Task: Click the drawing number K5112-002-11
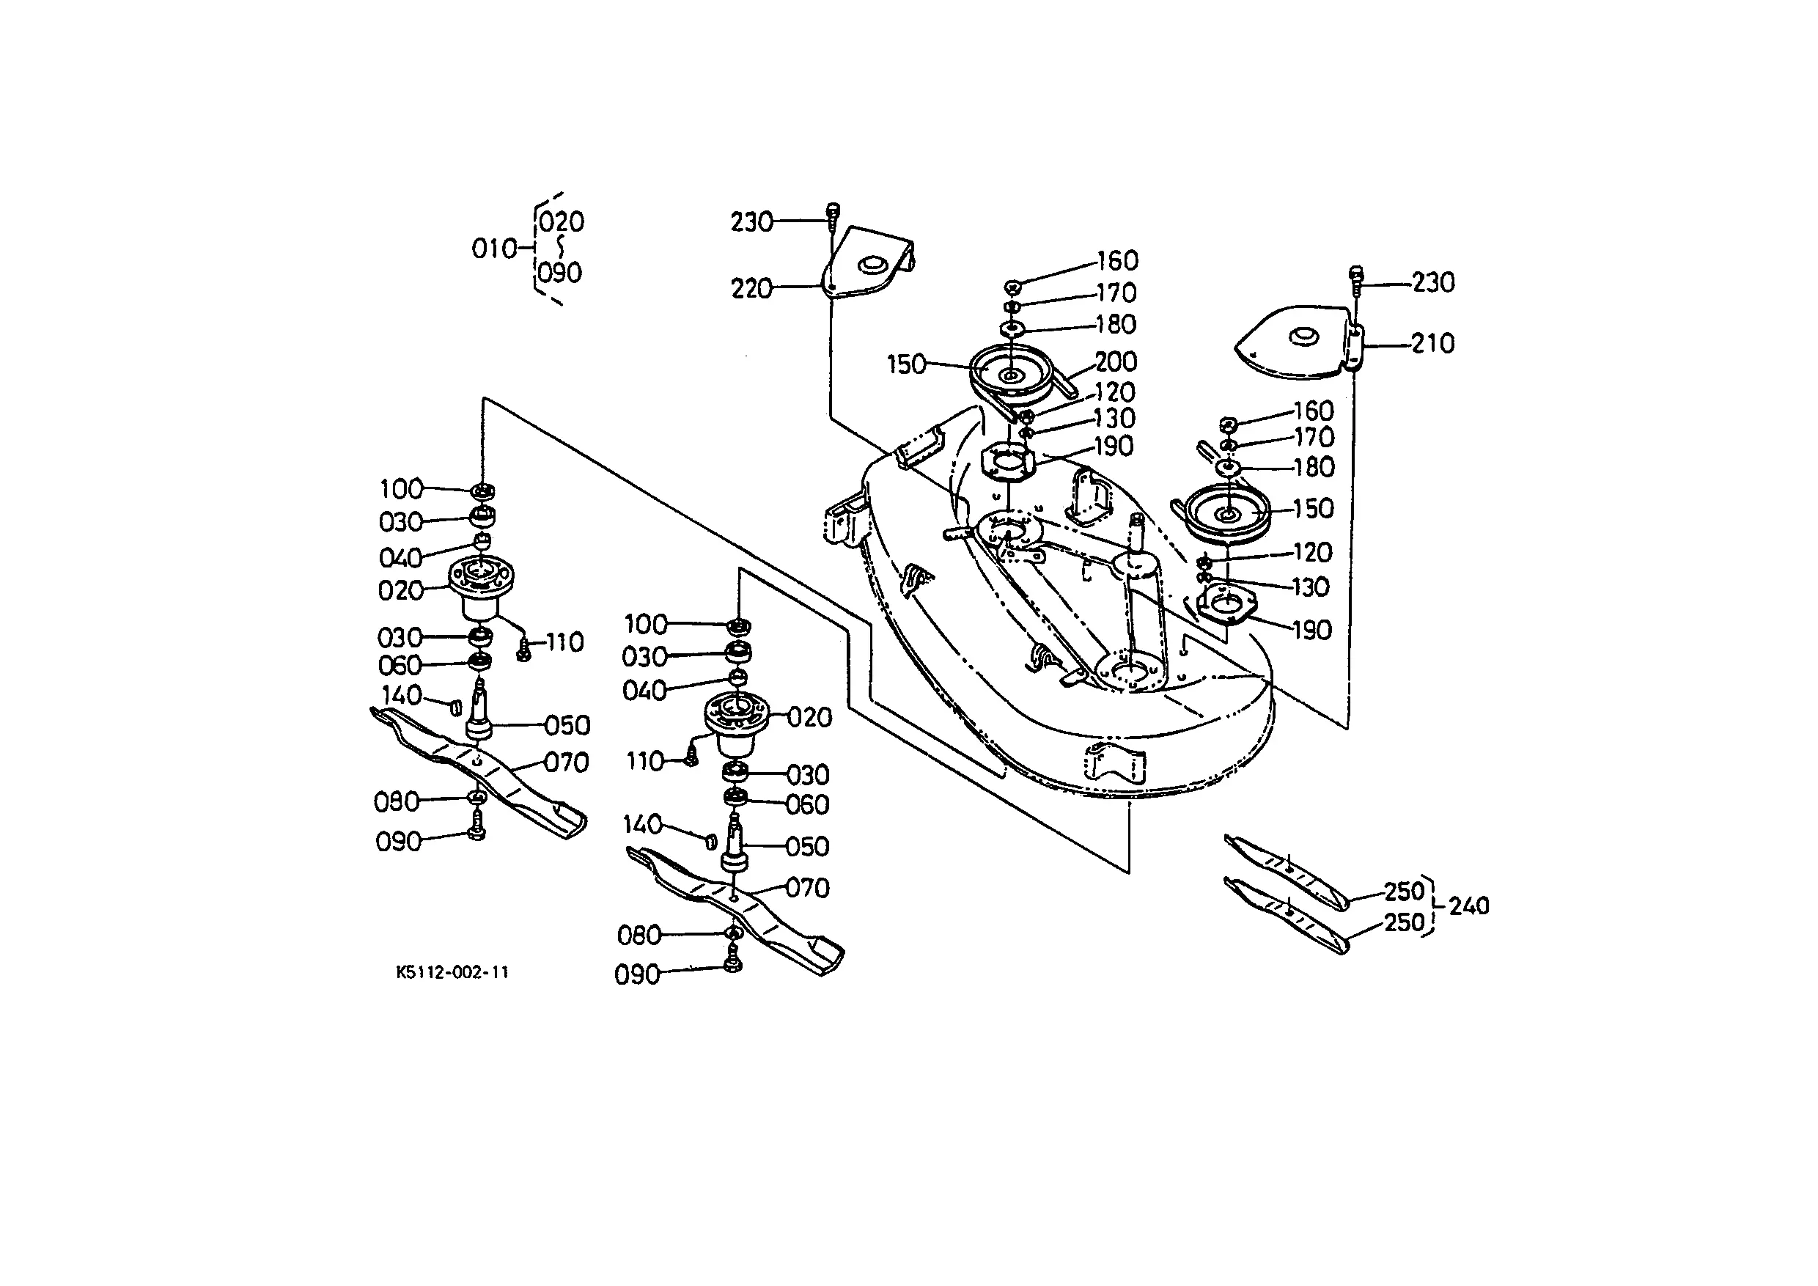pyautogui.click(x=452, y=971)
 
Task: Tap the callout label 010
pyautogui.click(x=494, y=249)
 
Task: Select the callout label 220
pyautogui.click(x=751, y=288)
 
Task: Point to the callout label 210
pyautogui.click(x=1433, y=344)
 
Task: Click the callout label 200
pyautogui.click(x=1116, y=362)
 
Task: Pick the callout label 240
pyautogui.click(x=1469, y=906)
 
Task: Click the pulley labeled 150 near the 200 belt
pyautogui.click(x=1011, y=374)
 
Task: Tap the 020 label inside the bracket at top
pyautogui.click(x=562, y=221)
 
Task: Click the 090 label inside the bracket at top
pyautogui.click(x=560, y=273)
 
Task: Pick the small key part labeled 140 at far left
pyautogui.click(x=456, y=706)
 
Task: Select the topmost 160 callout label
pyautogui.click(x=1116, y=260)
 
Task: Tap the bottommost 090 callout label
pyautogui.click(x=636, y=975)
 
